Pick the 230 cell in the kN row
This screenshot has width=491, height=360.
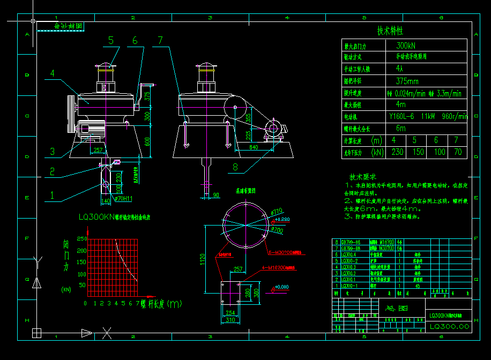pos(397,152)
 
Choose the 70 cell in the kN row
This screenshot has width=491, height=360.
pos(457,152)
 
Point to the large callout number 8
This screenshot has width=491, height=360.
pos(235,167)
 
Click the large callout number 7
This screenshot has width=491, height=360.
pos(160,40)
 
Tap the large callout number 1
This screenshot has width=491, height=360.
pos(52,196)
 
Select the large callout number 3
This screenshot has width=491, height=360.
pos(52,152)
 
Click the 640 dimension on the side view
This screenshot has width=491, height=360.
pos(254,147)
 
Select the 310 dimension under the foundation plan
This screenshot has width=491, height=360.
pos(230,320)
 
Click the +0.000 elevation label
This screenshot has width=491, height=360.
pos(281,287)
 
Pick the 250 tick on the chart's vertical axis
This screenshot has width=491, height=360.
pos(81,239)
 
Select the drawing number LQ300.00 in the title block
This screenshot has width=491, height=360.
pos(449,326)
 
